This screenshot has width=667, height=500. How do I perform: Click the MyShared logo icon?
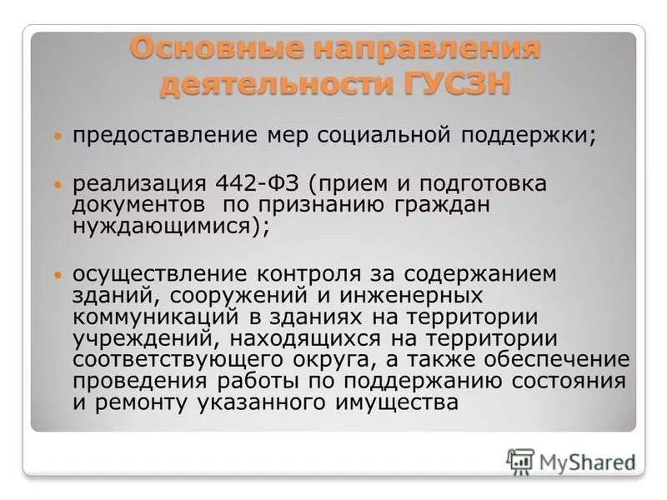coord(520,461)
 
